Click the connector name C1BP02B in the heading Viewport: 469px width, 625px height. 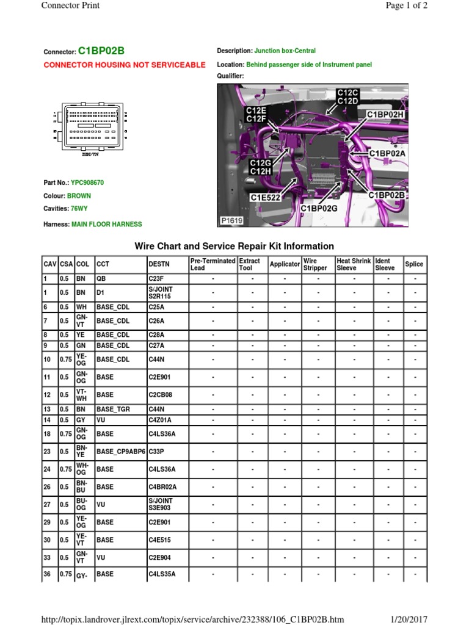[x=106, y=51]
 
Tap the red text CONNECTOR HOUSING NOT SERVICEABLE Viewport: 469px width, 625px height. [x=125, y=65]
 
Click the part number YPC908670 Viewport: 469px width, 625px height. [x=87, y=182]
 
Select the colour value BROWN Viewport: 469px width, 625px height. [x=79, y=196]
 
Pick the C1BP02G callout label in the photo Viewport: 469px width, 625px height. [x=319, y=209]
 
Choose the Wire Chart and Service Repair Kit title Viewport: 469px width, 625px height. [x=234, y=247]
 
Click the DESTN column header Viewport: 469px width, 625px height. [x=159, y=264]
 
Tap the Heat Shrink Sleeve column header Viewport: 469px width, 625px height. [x=354, y=264]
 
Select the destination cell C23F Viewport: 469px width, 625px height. [x=156, y=279]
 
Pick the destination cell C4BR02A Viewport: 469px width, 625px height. [x=162, y=487]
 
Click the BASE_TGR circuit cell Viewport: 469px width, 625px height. [x=114, y=410]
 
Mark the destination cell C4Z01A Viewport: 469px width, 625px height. [x=161, y=420]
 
